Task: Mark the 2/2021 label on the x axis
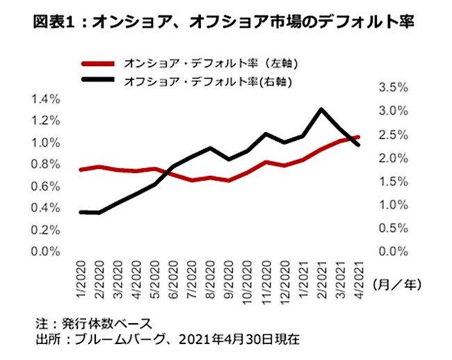[x=321, y=275]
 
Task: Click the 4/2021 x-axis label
[x=357, y=275]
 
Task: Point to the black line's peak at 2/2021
[x=321, y=109]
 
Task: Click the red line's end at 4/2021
[x=357, y=137]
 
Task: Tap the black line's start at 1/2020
[x=83, y=212]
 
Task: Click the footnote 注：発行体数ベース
[x=93, y=323]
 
